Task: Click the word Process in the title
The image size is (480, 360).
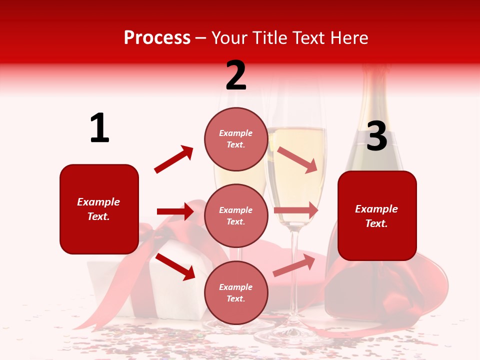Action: click(x=157, y=38)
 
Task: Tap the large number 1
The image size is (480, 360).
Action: click(x=99, y=128)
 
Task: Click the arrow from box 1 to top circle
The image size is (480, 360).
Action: click(x=173, y=159)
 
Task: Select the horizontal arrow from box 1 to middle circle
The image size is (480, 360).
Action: click(x=175, y=211)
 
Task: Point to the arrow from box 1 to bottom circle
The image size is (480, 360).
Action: click(x=175, y=266)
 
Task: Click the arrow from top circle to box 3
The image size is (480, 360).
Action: click(x=297, y=159)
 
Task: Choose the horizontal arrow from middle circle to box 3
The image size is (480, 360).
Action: click(x=295, y=210)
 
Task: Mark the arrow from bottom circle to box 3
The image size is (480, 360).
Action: click(x=294, y=265)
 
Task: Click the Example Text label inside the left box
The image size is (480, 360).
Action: click(x=98, y=209)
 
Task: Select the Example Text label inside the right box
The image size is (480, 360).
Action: click(x=376, y=216)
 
